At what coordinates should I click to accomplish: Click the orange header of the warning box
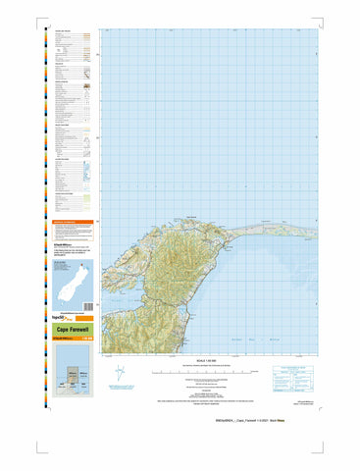coord(74,224)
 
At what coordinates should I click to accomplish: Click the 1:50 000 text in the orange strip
coord(87,340)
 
